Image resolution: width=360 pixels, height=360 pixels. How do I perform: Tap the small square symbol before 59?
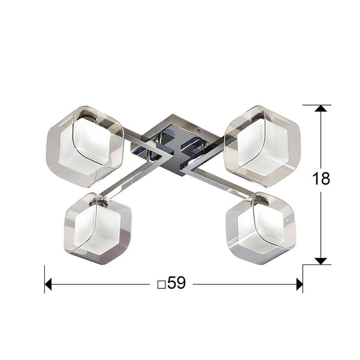[x=162, y=285]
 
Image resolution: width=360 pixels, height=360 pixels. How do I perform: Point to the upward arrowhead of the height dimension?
[x=321, y=108]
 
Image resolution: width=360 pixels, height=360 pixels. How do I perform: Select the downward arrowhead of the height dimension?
[x=321, y=261]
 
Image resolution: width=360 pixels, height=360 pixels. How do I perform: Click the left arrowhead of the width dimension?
[x=48, y=284]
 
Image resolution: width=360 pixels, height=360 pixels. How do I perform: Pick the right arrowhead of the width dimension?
[x=299, y=284]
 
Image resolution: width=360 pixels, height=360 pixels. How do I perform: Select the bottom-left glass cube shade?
[x=98, y=229]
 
